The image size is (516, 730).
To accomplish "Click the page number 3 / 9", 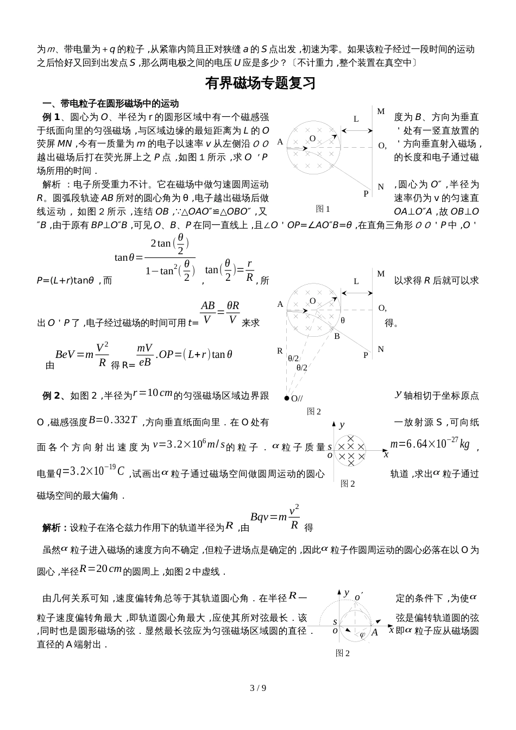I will pyautogui.click(x=257, y=688).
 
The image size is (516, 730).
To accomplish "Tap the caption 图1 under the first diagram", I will pyautogui.click(x=323, y=209).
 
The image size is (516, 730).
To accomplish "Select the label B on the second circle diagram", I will pyautogui.click(x=337, y=336).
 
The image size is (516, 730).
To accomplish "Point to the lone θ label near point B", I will pyautogui.click(x=343, y=320).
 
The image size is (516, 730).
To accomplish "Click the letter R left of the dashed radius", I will pyautogui.click(x=280, y=351).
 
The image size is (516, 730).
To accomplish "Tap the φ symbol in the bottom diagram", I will pyautogui.click(x=363, y=634).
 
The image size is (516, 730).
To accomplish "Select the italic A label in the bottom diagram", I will pyautogui.click(x=375, y=632).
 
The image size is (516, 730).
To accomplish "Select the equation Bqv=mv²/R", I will pyautogui.click(x=275, y=518).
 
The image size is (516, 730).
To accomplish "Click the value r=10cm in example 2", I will pyautogui.click(x=153, y=393).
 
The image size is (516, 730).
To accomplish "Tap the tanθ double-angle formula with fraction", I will pyautogui.click(x=155, y=256).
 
